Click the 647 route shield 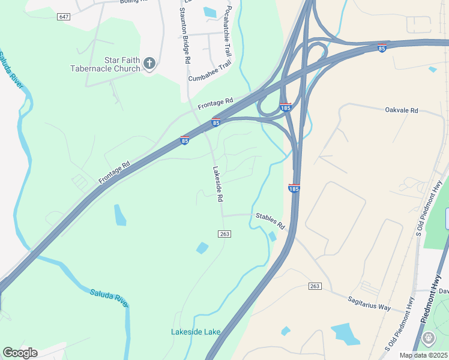(x=64, y=16)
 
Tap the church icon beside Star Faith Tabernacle (x=149, y=62)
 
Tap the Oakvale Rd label (x=401, y=110)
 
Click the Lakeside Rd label (x=218, y=184)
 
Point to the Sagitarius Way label (x=369, y=304)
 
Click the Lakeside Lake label (x=196, y=332)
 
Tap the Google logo (x=20, y=353)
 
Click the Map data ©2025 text (x=423, y=355)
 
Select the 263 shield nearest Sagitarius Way (x=315, y=286)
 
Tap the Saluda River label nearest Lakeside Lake (x=109, y=298)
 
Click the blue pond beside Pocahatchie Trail (x=209, y=11)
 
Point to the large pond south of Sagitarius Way (x=345, y=333)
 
